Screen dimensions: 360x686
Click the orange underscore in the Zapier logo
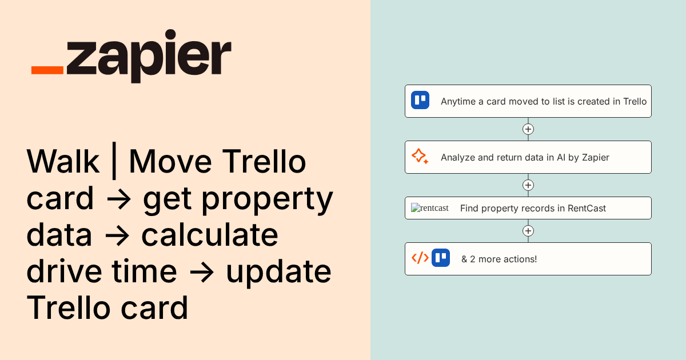point(47,70)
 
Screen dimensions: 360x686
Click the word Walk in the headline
point(63,162)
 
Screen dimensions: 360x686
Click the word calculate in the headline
point(210,235)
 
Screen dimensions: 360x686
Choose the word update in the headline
point(278,271)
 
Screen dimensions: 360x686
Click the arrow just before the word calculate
point(117,236)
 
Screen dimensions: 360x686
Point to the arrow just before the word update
point(201,273)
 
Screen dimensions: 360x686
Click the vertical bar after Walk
point(114,163)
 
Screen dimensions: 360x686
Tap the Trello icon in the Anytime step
point(420,100)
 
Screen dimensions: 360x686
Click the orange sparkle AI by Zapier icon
point(420,157)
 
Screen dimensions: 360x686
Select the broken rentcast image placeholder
point(430,208)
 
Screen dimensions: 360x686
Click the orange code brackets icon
point(420,258)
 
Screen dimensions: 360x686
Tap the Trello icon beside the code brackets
point(441,258)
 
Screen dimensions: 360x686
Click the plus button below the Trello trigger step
point(528,129)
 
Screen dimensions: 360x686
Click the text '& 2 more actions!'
point(499,259)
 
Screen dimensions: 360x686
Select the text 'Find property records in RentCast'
point(533,208)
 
